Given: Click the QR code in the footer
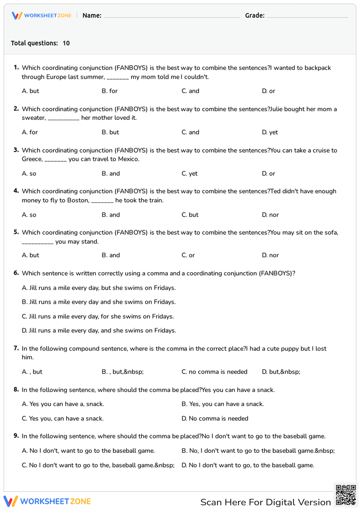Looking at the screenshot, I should (x=346, y=495).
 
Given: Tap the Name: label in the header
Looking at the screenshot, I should (x=92, y=15).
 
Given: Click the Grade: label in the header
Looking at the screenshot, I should (x=255, y=15).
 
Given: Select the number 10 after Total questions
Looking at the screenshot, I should (x=66, y=43).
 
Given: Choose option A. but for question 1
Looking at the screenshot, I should (x=31, y=91).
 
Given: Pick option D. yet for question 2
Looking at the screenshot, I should (x=270, y=132).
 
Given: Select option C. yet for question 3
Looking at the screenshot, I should (x=189, y=174).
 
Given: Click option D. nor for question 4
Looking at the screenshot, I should (x=270, y=215).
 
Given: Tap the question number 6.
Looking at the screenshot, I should (x=16, y=273).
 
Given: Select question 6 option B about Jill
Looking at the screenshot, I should (x=99, y=302).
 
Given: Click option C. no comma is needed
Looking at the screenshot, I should (x=214, y=372).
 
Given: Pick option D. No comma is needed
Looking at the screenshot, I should (x=215, y=418).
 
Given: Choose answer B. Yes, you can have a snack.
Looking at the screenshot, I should (x=222, y=404).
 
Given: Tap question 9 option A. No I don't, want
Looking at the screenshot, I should (x=88, y=451).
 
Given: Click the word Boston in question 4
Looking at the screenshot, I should (x=78, y=200).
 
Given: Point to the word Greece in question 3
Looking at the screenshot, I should (x=32, y=159).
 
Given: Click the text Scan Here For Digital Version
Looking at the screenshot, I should (x=265, y=502).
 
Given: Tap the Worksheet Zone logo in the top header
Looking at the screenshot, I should (x=42, y=15).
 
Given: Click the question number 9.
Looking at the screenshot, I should (x=16, y=436).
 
